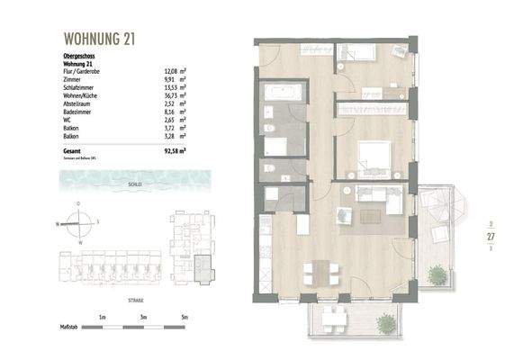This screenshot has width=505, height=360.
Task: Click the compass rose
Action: tap(79, 222)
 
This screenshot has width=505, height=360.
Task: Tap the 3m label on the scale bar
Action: tap(144, 317)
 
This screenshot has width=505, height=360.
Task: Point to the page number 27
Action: tap(491, 238)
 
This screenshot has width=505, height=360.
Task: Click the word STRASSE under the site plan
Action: tap(135, 300)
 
